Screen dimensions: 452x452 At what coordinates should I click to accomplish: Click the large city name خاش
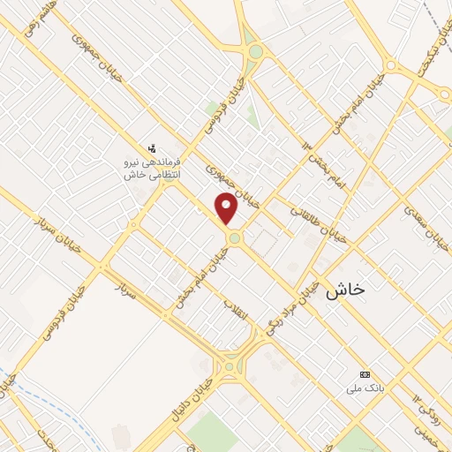coord(346,289)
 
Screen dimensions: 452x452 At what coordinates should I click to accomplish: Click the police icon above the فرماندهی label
coord(153,147)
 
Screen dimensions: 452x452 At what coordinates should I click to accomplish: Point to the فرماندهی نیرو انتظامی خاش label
coord(153,169)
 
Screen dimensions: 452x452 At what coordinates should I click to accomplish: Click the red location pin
coord(228,209)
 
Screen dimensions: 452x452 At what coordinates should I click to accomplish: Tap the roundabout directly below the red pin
coord(234,237)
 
